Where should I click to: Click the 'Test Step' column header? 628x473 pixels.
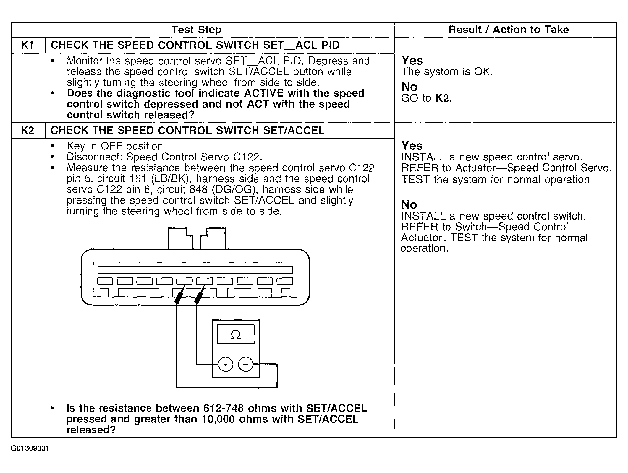click(196, 30)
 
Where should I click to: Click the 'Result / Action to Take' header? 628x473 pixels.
click(509, 30)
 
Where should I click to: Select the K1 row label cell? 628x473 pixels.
click(28, 45)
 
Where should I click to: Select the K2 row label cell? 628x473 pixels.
click(28, 131)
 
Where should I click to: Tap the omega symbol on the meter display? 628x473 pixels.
click(236, 335)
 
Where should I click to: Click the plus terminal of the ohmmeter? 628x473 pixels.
click(225, 364)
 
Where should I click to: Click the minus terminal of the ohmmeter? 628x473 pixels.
click(246, 364)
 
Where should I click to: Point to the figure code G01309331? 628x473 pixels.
click(30, 448)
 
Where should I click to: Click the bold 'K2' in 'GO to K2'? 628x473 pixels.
click(442, 98)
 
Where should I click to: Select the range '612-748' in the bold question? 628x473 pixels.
click(223, 408)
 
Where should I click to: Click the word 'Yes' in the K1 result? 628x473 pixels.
click(412, 61)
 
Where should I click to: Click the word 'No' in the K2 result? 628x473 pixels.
click(409, 205)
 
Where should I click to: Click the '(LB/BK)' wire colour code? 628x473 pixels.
click(172, 179)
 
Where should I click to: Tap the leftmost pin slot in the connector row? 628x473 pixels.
click(105, 281)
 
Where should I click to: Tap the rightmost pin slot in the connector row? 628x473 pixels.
click(285, 281)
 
